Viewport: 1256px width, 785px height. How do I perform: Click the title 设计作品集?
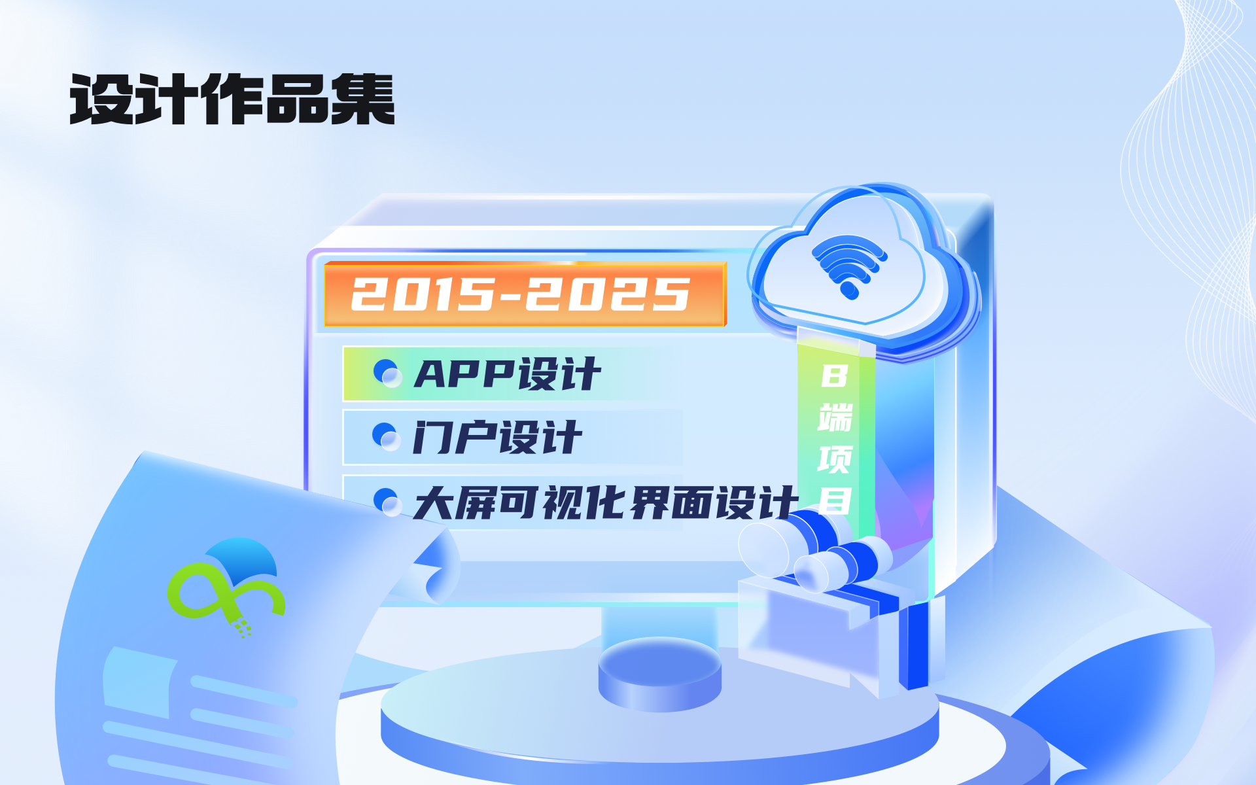tap(232, 99)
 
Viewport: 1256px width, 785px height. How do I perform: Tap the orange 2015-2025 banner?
tap(525, 294)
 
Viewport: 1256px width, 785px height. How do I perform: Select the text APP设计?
tap(508, 374)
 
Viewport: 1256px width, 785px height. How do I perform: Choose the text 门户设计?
tap(497, 438)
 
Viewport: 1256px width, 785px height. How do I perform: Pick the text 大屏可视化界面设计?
tap(606, 503)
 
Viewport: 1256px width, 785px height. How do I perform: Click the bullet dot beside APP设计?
tap(387, 373)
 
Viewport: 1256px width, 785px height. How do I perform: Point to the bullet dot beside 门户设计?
tap(386, 437)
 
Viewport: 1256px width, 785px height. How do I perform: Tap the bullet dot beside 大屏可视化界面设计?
tap(387, 502)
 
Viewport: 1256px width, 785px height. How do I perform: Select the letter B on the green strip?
tap(835, 376)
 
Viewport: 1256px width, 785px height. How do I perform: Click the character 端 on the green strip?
tap(835, 418)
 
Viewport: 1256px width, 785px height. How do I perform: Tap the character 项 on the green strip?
tap(835, 459)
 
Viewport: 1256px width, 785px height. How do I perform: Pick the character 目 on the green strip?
tap(835, 501)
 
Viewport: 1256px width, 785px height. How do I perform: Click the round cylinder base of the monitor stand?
tap(659, 674)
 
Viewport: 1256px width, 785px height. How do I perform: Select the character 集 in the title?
tap(363, 99)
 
